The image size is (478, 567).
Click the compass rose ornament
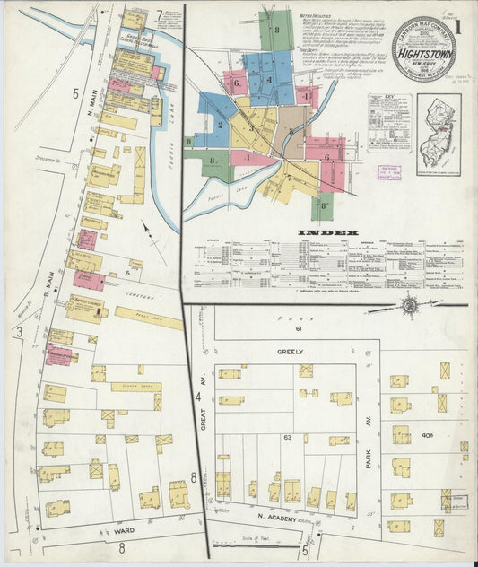pos(409,305)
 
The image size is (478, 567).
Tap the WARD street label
pos(125,531)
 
